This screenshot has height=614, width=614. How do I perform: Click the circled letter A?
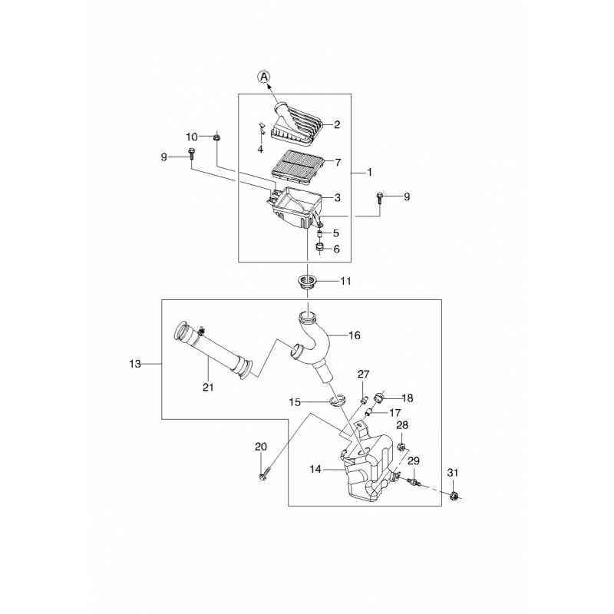(263, 76)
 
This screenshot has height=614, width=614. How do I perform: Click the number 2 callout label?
(337, 124)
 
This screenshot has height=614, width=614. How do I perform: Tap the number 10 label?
(192, 137)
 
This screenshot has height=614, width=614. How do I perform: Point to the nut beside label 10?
(216, 137)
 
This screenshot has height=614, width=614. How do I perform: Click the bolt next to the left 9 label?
(190, 157)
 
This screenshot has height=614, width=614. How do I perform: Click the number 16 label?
(355, 335)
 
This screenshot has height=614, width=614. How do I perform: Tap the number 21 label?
(207, 388)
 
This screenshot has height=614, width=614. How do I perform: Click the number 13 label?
(135, 364)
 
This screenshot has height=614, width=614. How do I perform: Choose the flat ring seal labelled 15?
(336, 401)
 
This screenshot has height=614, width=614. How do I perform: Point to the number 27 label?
(364, 374)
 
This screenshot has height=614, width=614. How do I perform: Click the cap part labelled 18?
(380, 398)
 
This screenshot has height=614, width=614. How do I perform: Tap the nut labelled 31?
(454, 497)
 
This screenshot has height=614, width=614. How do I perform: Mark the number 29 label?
(414, 460)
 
